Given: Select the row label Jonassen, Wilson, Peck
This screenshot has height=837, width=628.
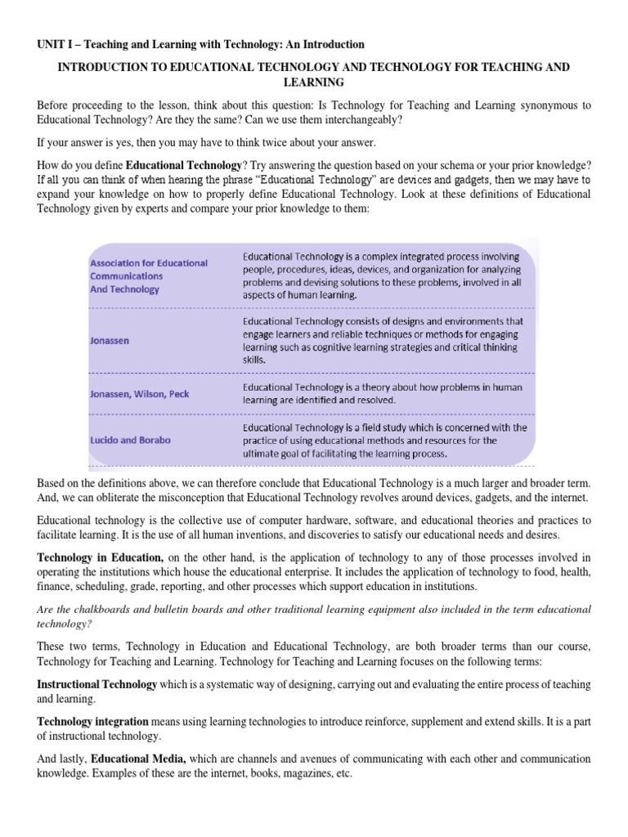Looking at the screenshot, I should pyautogui.click(x=139, y=393).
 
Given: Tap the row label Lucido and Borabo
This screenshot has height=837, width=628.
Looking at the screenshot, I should pyautogui.click(x=130, y=440).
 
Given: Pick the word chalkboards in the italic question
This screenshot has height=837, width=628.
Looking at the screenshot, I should pyautogui.click(x=86, y=609).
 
